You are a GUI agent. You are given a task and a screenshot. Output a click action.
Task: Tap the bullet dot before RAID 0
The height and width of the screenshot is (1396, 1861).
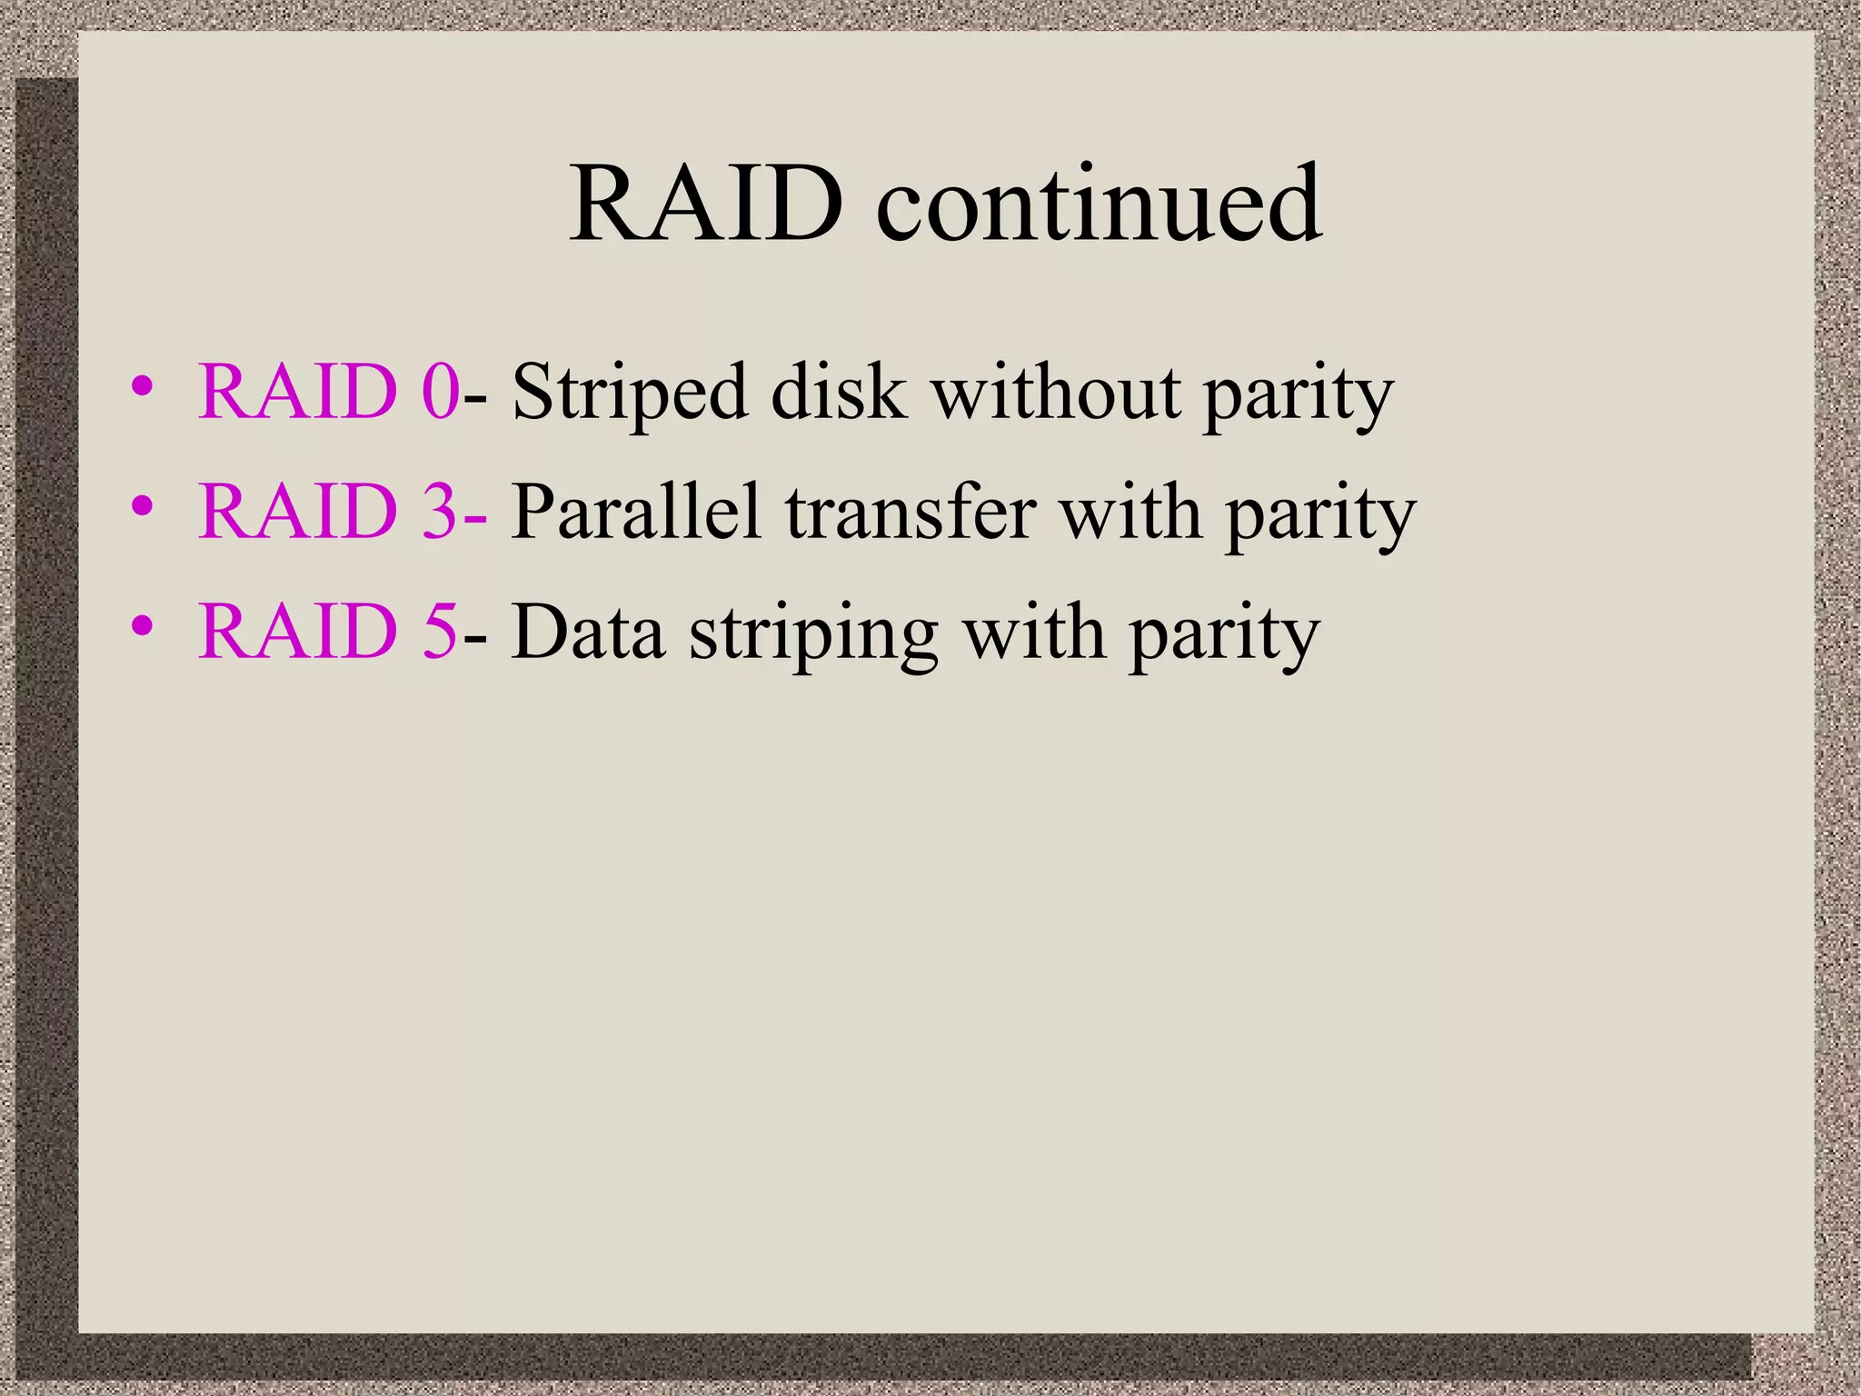(x=142, y=386)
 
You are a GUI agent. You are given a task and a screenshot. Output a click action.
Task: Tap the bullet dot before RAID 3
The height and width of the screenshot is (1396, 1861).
(x=142, y=506)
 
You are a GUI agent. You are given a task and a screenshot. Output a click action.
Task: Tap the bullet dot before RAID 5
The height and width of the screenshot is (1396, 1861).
(x=142, y=626)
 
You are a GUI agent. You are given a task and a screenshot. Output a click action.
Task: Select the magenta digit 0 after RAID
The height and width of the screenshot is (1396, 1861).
(x=441, y=393)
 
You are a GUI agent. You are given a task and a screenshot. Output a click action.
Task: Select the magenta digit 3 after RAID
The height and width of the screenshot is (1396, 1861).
(x=441, y=513)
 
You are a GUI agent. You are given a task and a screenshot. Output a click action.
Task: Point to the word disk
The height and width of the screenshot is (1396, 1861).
(x=838, y=393)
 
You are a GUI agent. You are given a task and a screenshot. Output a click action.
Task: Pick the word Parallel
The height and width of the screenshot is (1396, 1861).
(x=635, y=513)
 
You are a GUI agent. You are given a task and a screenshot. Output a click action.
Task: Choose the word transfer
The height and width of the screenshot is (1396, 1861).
(x=911, y=513)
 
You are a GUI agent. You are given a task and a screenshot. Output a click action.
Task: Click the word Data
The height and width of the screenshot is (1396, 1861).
(x=587, y=633)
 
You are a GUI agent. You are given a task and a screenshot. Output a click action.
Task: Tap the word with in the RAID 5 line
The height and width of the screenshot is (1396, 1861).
(x=1034, y=633)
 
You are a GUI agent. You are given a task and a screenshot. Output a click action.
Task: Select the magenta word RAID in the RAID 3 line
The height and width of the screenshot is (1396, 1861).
(x=298, y=513)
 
